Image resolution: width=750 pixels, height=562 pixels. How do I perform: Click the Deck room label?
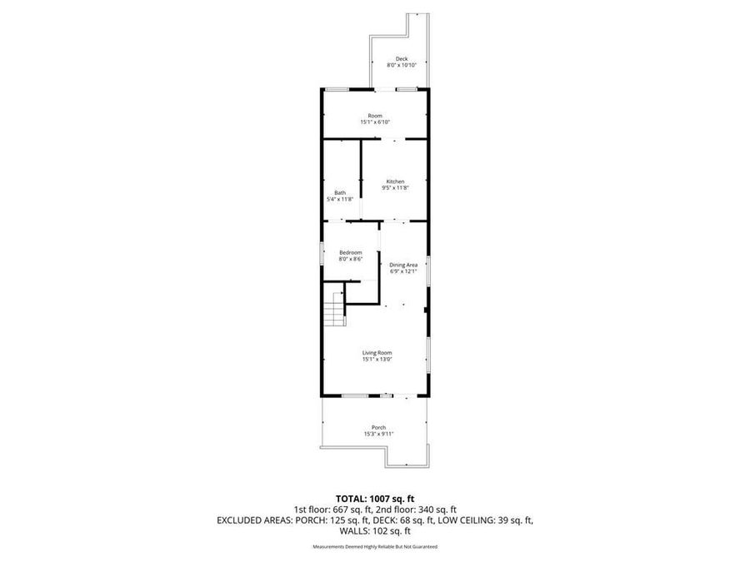tap(402, 58)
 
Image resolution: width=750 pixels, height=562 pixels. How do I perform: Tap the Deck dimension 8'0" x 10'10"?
tap(402, 65)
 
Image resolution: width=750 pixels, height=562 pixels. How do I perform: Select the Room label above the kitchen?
tap(375, 115)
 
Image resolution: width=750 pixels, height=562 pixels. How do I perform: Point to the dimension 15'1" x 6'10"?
tap(375, 122)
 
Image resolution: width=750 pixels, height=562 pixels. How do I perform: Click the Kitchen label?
tap(395, 182)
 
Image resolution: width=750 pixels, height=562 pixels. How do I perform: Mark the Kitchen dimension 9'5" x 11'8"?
tap(395, 188)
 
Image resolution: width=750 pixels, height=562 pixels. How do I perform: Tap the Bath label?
tap(340, 192)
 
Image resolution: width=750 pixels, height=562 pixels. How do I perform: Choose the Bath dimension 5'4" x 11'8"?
tap(340, 199)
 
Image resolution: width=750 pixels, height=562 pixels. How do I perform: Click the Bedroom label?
tap(350, 252)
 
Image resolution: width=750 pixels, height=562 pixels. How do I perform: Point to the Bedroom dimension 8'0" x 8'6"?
tap(350, 259)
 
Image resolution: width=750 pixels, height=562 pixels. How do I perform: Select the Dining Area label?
tap(402, 265)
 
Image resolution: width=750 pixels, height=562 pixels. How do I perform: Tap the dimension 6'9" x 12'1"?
tap(402, 271)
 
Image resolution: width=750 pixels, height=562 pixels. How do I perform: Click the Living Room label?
tap(377, 352)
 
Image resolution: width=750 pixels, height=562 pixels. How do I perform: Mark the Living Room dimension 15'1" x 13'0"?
tap(377, 359)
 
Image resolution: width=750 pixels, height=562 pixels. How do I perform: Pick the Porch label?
tap(378, 427)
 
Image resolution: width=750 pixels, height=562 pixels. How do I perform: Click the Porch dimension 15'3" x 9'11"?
tap(378, 434)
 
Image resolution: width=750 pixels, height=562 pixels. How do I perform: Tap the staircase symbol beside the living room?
tap(334, 309)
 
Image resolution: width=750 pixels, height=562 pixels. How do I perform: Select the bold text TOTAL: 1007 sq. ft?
tap(374, 498)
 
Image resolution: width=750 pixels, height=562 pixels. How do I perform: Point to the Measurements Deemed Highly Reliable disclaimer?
tap(374, 547)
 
